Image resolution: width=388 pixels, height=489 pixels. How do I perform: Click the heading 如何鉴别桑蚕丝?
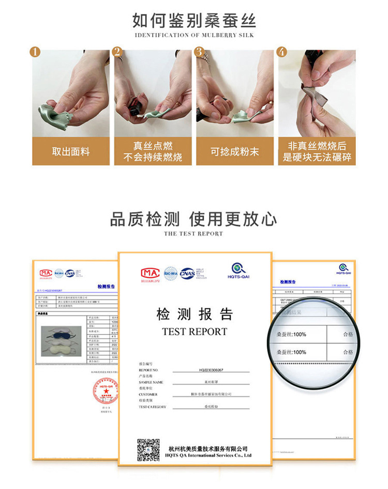click(x=194, y=20)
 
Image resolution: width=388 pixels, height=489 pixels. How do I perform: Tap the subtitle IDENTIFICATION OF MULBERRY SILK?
click(x=194, y=35)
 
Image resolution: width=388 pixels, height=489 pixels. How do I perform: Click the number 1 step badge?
click(x=35, y=52)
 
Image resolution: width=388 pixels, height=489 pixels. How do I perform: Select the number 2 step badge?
click(x=117, y=52)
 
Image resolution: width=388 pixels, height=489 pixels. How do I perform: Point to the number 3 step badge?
click(x=199, y=52)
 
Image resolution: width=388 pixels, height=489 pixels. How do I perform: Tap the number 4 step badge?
click(x=281, y=52)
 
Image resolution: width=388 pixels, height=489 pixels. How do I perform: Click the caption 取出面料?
click(x=71, y=151)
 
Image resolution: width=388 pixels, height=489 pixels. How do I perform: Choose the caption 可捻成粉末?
click(x=234, y=151)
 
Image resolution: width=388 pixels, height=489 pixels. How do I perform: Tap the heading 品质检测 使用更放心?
click(x=194, y=219)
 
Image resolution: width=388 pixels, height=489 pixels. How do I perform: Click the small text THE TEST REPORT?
click(x=194, y=234)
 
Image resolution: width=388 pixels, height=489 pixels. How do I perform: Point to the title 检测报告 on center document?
click(x=195, y=314)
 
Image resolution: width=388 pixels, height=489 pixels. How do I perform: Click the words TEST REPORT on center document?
click(x=195, y=332)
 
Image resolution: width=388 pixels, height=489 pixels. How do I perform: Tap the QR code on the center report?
click(x=148, y=449)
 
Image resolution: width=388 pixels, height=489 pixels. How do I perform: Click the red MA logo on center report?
click(x=151, y=273)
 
